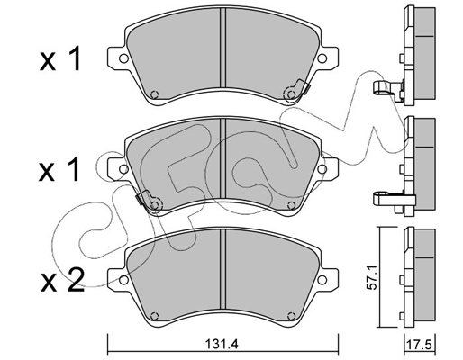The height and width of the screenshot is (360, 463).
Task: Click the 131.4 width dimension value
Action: tap(222, 344)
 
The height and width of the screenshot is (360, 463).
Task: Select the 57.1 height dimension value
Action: tap(372, 278)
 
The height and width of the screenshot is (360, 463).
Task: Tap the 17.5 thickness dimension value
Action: tap(420, 345)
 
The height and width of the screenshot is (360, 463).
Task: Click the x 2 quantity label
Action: tap(62, 280)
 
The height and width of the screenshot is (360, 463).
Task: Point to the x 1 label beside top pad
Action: tap(60, 58)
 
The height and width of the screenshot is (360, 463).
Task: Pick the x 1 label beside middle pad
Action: tap(59, 169)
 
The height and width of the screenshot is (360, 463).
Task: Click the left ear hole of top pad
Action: tap(123, 58)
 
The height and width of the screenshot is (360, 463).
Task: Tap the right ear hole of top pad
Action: tap(322, 58)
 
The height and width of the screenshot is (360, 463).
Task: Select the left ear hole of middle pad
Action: tap(123, 169)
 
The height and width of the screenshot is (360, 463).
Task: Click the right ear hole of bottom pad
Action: tap(322, 280)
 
